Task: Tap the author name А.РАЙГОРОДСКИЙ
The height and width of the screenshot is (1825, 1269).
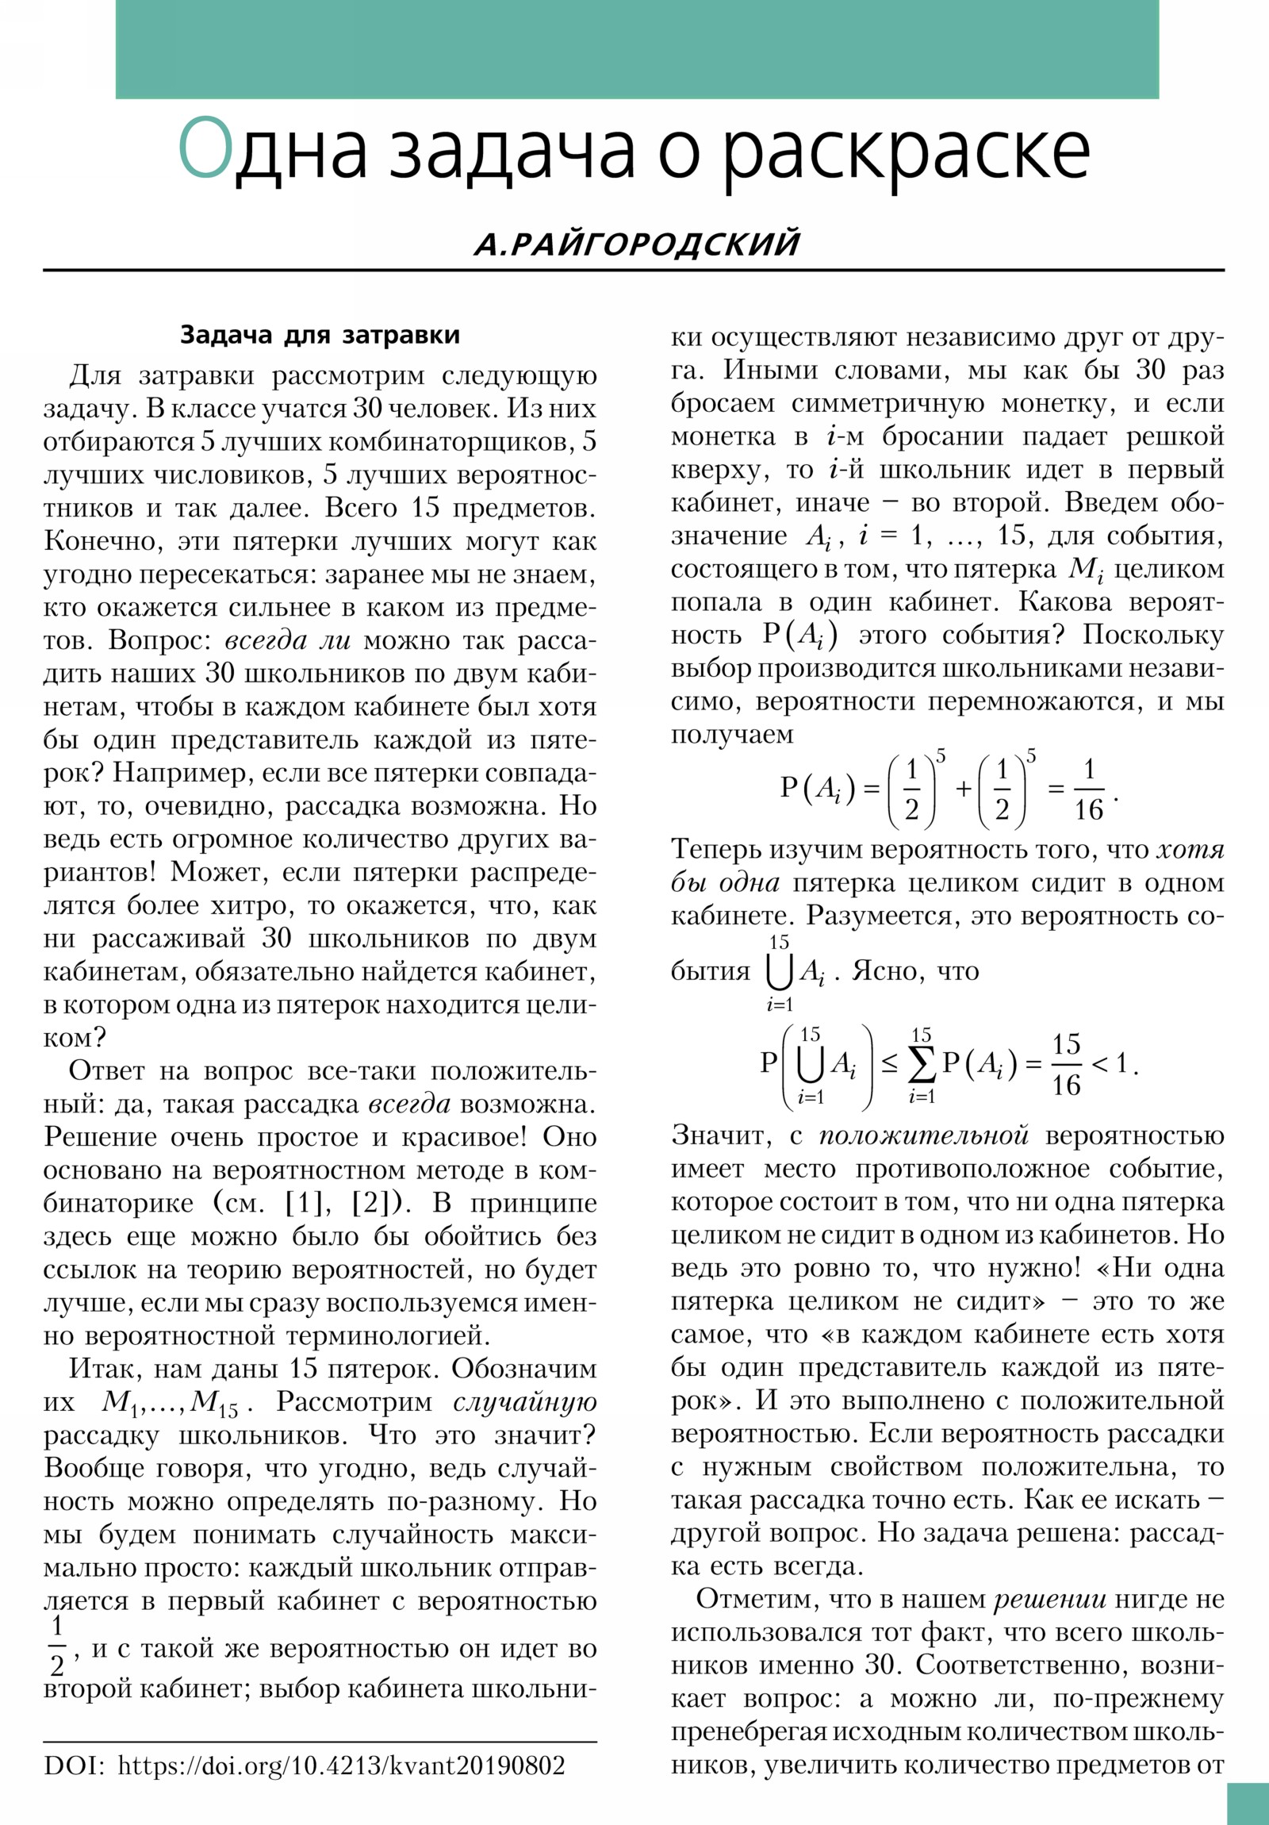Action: point(637,244)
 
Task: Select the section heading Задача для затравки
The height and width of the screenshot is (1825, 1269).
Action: point(320,335)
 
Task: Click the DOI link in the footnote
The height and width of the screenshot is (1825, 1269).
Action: point(341,1765)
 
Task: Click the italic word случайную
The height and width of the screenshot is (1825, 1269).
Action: point(524,1402)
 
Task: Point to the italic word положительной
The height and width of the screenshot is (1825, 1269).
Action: point(924,1135)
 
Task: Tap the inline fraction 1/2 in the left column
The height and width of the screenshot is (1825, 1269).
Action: point(57,1644)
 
